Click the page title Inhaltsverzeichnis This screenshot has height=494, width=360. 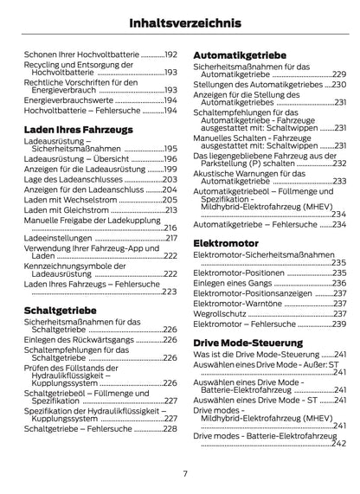180,22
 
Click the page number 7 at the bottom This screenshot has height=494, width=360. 184,472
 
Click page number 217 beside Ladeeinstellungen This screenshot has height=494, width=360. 170,238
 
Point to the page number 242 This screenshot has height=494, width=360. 339,443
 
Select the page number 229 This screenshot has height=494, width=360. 339,75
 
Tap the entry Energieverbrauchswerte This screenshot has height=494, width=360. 72,100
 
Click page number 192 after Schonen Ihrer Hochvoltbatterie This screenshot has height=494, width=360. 170,54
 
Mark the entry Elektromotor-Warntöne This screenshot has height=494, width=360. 234,303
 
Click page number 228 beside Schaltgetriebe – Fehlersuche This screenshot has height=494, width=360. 170,428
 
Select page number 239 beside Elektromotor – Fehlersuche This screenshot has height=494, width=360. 339,324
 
